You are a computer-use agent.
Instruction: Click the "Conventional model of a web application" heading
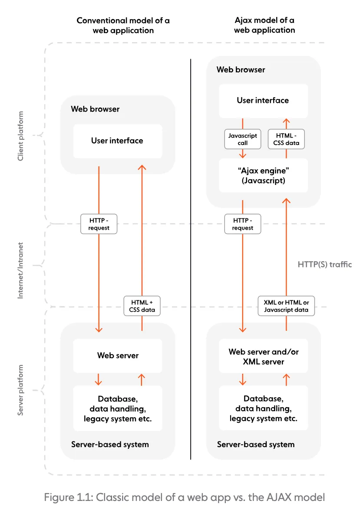pyautogui.click(x=123, y=25)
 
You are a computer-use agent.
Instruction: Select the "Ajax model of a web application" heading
pyautogui.click(x=264, y=25)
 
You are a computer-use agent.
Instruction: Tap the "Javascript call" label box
pyautogui.click(x=242, y=139)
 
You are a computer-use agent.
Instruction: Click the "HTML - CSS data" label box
pyautogui.click(x=286, y=139)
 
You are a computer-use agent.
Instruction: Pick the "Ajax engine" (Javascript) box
pyautogui.click(x=263, y=175)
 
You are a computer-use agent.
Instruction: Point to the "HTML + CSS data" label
pyautogui.click(x=142, y=306)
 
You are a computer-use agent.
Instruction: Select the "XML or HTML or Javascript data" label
pyautogui.click(x=286, y=306)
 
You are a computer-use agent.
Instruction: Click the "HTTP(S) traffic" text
pyautogui.click(x=324, y=264)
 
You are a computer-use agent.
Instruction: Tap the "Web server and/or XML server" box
pyautogui.click(x=263, y=356)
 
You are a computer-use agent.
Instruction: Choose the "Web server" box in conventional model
pyautogui.click(x=118, y=356)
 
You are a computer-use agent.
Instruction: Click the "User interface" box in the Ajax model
pyautogui.click(x=263, y=100)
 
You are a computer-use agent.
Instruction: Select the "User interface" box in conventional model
pyautogui.click(x=117, y=141)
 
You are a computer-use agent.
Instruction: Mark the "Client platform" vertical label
pyautogui.click(x=20, y=136)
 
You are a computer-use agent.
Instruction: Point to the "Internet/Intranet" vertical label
pyautogui.click(x=20, y=270)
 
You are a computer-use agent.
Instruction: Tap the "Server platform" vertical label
pyautogui.click(x=20, y=390)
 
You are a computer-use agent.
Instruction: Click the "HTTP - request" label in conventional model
pyautogui.click(x=99, y=224)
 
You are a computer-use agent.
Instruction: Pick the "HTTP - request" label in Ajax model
pyautogui.click(x=242, y=224)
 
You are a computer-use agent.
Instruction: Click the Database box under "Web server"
pyautogui.click(x=118, y=408)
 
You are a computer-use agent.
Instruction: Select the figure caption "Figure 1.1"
pyautogui.click(x=184, y=497)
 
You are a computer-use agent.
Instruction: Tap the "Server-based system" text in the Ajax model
pyautogui.click(x=256, y=445)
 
